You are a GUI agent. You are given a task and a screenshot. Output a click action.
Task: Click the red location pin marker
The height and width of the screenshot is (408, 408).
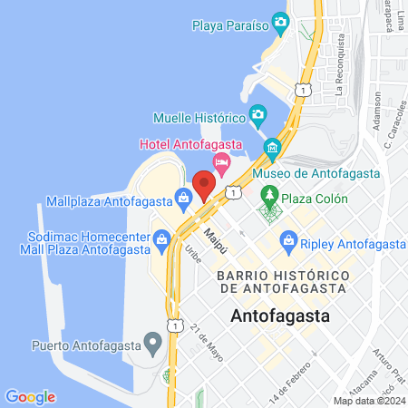click(x=204, y=185)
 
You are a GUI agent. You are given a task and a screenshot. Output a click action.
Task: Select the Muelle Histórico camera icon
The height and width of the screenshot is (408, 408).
click(x=258, y=115)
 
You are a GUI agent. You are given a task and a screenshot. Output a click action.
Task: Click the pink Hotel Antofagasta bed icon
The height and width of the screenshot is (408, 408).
click(x=221, y=160)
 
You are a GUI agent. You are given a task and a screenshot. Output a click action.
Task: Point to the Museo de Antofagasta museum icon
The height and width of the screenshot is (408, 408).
click(x=271, y=148)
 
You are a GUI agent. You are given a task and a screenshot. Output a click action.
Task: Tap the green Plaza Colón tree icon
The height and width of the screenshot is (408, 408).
click(x=269, y=193)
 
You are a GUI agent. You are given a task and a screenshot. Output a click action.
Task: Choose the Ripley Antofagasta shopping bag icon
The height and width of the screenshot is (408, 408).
click(x=289, y=240)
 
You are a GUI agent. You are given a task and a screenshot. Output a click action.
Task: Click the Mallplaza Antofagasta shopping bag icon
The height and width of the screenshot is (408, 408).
click(x=183, y=195)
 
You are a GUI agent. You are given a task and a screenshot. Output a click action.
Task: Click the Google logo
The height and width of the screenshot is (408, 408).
click(x=30, y=396)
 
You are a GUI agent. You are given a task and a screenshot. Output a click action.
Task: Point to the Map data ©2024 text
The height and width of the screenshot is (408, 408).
click(x=369, y=400)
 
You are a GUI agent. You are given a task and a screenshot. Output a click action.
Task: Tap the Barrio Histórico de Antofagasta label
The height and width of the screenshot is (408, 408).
click(x=283, y=281)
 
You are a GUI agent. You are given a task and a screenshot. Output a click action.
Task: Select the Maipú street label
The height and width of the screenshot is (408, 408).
click(x=215, y=241)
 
